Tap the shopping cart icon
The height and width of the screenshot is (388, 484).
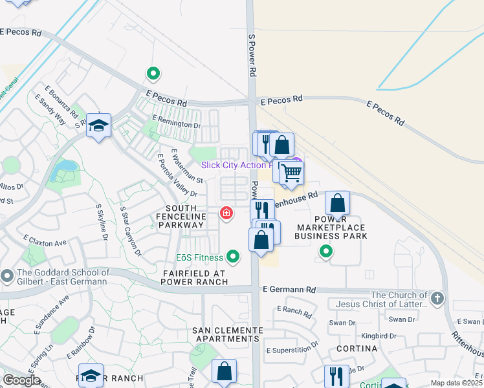pyautogui.click(x=292, y=173)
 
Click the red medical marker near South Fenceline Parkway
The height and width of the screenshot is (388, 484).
pyautogui.click(x=226, y=213)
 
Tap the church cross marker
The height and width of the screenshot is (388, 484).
pyautogui.click(x=437, y=299)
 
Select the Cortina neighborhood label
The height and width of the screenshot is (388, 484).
pyautogui.click(x=357, y=349)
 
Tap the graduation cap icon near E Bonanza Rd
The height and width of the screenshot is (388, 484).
pyautogui.click(x=99, y=125)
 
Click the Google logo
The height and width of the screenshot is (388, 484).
pyautogui.click(x=21, y=380)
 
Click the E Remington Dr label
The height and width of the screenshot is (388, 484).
pyautogui.click(x=176, y=122)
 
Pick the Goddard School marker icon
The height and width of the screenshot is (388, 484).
pyautogui.click(x=7, y=276)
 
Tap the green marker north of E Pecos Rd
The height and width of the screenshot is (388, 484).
pyautogui.click(x=153, y=74)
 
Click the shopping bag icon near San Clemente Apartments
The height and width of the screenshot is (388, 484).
pyautogui.click(x=224, y=372)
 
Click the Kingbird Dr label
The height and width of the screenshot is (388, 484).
pyautogui.click(x=379, y=336)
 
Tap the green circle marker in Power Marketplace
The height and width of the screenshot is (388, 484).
pyautogui.click(x=327, y=251)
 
